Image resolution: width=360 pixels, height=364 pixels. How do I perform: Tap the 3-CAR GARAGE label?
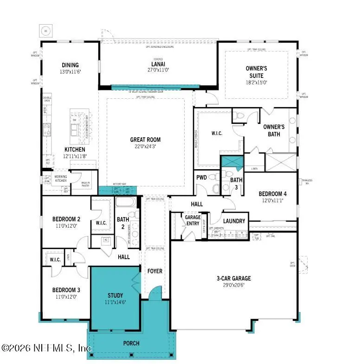(233, 278)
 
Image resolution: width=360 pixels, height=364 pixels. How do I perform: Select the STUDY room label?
(115, 295)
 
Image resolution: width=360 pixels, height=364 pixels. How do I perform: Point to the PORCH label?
(131, 343)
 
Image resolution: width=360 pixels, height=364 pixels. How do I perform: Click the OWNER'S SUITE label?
(257, 72)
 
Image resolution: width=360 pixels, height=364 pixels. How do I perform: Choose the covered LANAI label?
(158, 64)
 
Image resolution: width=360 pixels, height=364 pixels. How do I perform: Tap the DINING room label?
(70, 65)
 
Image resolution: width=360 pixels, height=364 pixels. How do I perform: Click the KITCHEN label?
(74, 150)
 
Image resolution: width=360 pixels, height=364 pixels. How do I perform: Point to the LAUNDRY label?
(234, 221)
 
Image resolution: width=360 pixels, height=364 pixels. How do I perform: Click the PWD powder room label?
(202, 177)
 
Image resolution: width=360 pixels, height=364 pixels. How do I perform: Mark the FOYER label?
(154, 270)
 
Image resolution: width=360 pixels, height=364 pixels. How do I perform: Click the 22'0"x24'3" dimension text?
(145, 146)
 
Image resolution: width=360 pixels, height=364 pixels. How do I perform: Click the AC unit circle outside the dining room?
(45, 31)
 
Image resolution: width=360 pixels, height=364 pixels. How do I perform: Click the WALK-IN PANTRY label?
(85, 184)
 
